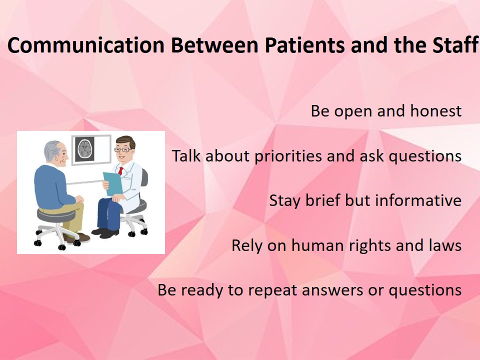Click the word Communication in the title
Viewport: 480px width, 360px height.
click(x=86, y=45)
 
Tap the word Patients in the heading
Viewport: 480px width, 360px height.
click(x=304, y=45)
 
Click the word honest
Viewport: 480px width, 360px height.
click(x=436, y=110)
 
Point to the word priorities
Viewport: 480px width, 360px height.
click(x=288, y=156)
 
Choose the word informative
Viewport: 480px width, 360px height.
click(x=418, y=200)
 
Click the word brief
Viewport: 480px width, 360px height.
click(x=322, y=200)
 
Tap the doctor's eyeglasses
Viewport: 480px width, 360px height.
click(x=122, y=149)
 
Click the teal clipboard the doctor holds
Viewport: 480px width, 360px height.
click(x=113, y=183)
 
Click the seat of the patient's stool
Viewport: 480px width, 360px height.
click(x=56, y=215)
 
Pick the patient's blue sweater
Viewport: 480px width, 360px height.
click(x=52, y=186)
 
